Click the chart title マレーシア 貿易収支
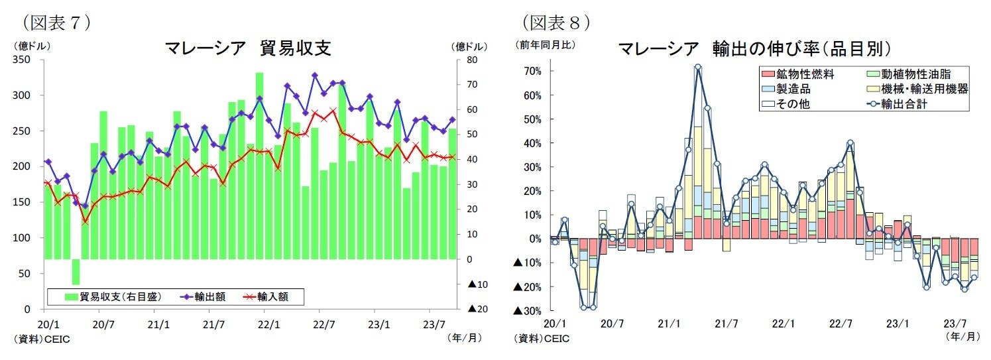tap(248, 48)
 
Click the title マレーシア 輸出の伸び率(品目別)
tap(754, 48)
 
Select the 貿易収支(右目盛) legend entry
tap(113, 296)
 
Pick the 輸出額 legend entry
tap(203, 296)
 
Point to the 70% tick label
tap(532, 71)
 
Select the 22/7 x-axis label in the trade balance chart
tap(319, 324)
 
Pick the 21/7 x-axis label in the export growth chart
tap(727, 324)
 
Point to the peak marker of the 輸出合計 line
tap(698, 67)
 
